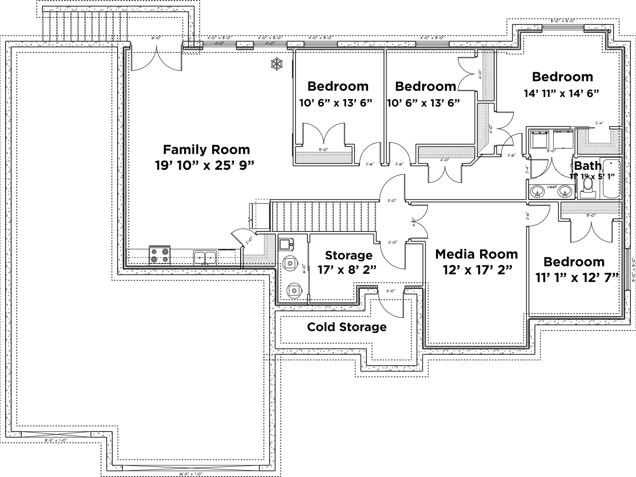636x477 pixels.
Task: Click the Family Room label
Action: [x=206, y=150]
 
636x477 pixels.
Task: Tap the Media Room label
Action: [x=476, y=254]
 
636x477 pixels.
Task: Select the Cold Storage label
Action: [x=346, y=327]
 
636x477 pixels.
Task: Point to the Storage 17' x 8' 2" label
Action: [x=347, y=262]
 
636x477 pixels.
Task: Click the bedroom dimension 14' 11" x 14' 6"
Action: [x=561, y=93]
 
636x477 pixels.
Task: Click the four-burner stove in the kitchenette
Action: [x=160, y=255]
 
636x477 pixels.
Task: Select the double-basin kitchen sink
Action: [x=205, y=257]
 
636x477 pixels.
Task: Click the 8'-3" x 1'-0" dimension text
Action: [x=56, y=441]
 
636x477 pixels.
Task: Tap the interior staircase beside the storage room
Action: [x=323, y=216]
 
